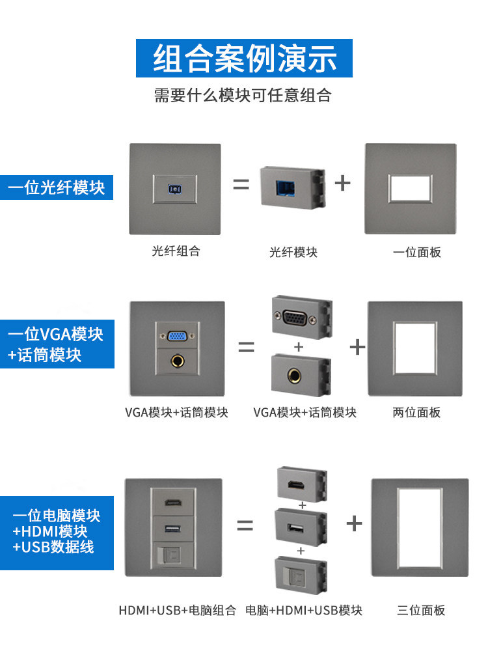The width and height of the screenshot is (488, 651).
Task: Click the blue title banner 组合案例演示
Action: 244,58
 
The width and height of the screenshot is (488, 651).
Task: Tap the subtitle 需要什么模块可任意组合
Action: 243,96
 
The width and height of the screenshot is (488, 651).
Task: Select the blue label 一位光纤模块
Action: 56,188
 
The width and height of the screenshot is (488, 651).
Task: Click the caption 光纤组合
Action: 176,251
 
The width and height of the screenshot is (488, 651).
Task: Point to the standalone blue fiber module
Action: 291,187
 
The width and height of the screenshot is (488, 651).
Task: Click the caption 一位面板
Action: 416,252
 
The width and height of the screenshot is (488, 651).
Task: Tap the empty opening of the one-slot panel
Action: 411,187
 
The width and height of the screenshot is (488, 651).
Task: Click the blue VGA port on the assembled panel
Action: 176,337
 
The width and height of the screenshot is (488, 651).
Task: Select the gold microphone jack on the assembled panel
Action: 176,360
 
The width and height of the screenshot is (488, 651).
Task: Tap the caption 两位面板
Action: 416,412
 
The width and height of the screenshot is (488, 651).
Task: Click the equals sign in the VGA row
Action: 246,347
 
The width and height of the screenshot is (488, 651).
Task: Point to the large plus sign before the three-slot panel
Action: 354,523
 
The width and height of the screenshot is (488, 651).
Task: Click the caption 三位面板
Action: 421,610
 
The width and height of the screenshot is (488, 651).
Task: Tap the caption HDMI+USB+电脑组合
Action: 177,611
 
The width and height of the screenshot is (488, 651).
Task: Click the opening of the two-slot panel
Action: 414,348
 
